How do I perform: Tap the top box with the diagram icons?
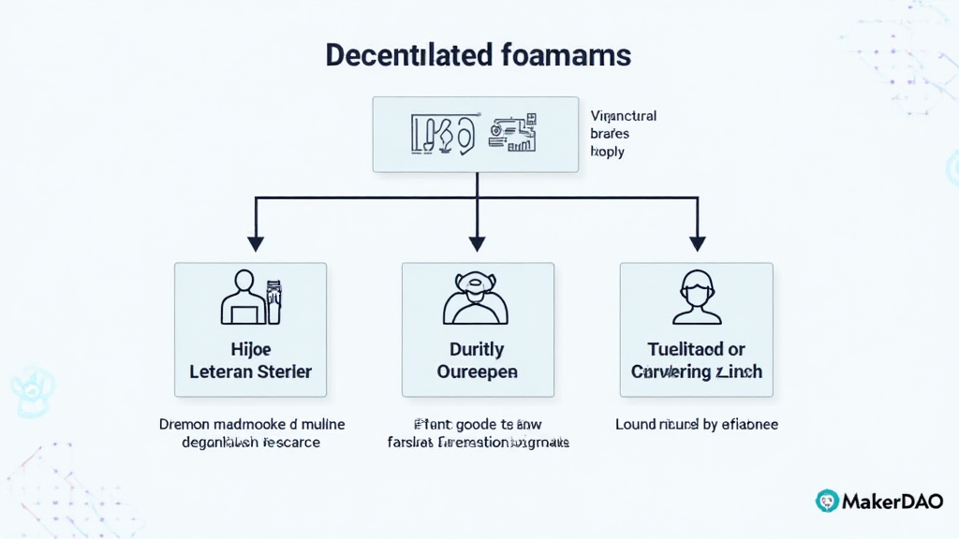point(477,134)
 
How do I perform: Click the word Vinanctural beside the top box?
point(623,116)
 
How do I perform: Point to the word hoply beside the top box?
point(607,152)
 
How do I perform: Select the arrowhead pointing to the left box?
point(256,243)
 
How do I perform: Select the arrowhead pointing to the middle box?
point(477,243)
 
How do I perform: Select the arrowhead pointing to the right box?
point(697,243)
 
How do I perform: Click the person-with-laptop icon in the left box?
point(250,298)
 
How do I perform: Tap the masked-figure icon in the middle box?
point(477,298)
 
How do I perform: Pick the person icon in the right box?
point(697,298)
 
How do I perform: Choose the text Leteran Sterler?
point(250,371)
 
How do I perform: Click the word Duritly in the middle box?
point(477,349)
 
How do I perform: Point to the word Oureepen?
point(477,371)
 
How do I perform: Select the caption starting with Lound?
point(696,424)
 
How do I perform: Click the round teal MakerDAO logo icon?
point(827,501)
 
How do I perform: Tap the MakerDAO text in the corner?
point(893,501)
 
